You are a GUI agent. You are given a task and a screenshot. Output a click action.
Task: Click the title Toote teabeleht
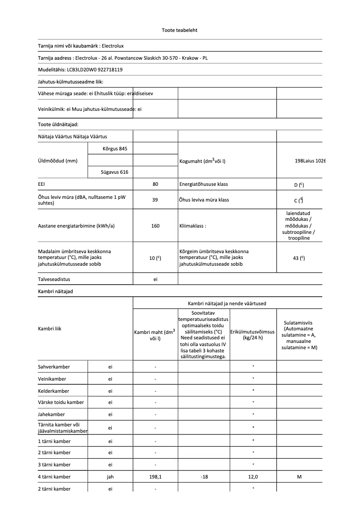point(180,30)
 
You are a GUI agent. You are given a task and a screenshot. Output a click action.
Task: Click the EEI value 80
point(155,184)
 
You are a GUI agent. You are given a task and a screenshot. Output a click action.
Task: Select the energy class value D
point(299,184)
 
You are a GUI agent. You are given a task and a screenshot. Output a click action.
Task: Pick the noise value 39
point(155,200)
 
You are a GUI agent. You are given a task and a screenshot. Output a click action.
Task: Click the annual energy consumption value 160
point(155,226)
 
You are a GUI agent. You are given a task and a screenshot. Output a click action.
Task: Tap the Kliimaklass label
point(193,226)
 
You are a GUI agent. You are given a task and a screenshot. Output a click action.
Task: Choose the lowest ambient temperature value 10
point(155,258)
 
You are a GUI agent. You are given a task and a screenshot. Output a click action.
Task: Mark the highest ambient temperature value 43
point(299,258)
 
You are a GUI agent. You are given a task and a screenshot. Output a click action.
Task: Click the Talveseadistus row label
point(54,279)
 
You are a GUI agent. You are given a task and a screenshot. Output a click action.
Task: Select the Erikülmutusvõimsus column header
point(253,334)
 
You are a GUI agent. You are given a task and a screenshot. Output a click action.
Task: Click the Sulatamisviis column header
point(299,335)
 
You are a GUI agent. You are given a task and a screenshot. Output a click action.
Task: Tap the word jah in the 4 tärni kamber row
point(110,477)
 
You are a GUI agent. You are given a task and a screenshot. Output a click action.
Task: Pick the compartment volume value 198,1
point(155,477)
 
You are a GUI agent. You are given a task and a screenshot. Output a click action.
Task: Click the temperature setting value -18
point(204,477)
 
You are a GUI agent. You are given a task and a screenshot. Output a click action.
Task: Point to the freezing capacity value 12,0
point(253,477)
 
